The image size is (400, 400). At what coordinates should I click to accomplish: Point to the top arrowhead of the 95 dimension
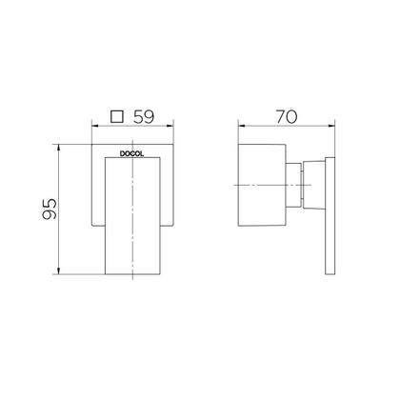pyautogui.click(x=62, y=148)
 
